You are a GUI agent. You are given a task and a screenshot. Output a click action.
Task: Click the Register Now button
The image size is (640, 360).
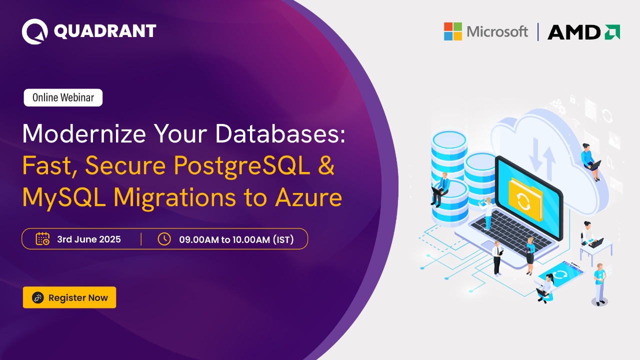pos(69,297)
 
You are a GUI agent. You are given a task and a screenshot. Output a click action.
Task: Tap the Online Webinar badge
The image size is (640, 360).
pos(63,97)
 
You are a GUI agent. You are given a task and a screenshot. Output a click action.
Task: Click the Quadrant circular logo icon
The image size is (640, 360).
pos(34,31)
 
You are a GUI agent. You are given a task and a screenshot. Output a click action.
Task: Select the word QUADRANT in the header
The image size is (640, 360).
pos(104,31)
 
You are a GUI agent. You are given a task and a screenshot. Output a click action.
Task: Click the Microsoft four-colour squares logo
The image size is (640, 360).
pos(452,31)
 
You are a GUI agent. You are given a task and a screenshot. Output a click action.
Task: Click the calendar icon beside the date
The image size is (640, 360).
pos(42,239)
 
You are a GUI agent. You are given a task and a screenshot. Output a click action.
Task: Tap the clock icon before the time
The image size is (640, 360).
pos(164,239)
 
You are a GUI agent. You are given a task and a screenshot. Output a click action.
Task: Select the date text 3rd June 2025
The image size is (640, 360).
pos(89,239)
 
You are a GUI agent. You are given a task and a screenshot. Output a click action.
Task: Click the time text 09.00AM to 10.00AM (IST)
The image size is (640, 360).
pos(236,239)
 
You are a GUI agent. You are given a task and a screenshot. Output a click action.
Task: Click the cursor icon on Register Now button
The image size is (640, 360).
pos(38,298)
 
